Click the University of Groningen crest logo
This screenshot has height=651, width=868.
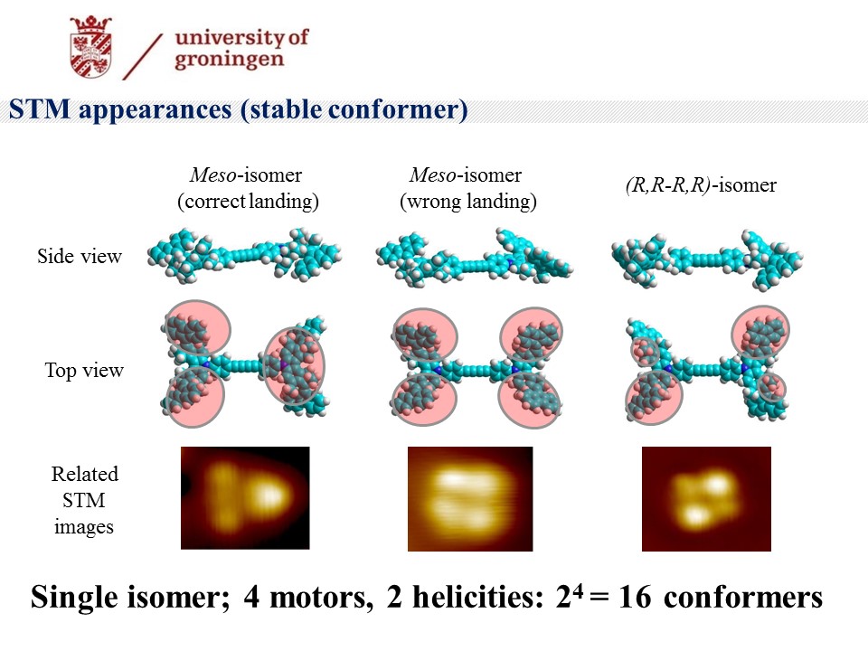coord(91,46)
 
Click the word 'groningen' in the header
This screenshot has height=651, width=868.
coord(229,60)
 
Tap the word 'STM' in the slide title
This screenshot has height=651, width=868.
coord(39,108)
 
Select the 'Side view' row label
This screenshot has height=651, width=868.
coord(80,256)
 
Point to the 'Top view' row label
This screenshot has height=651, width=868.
coord(84,370)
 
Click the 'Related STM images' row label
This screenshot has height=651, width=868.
coord(84,500)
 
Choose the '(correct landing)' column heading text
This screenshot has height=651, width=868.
coord(248,201)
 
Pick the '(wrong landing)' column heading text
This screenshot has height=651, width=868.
coord(468,201)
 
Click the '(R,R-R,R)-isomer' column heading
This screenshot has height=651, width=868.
coord(701,184)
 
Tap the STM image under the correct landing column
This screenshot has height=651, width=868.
coord(245,497)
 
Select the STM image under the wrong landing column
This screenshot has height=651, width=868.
coord(470,499)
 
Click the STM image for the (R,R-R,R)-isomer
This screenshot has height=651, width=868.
coord(706,499)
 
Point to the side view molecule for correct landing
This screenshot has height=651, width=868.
coord(244,255)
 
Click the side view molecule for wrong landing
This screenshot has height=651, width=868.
coord(474,257)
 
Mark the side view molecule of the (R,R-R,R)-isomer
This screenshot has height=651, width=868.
coord(707,259)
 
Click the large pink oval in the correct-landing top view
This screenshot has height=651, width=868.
coord(295,366)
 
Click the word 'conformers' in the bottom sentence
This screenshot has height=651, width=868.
coord(743,598)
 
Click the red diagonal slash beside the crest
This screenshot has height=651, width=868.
coord(142,56)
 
